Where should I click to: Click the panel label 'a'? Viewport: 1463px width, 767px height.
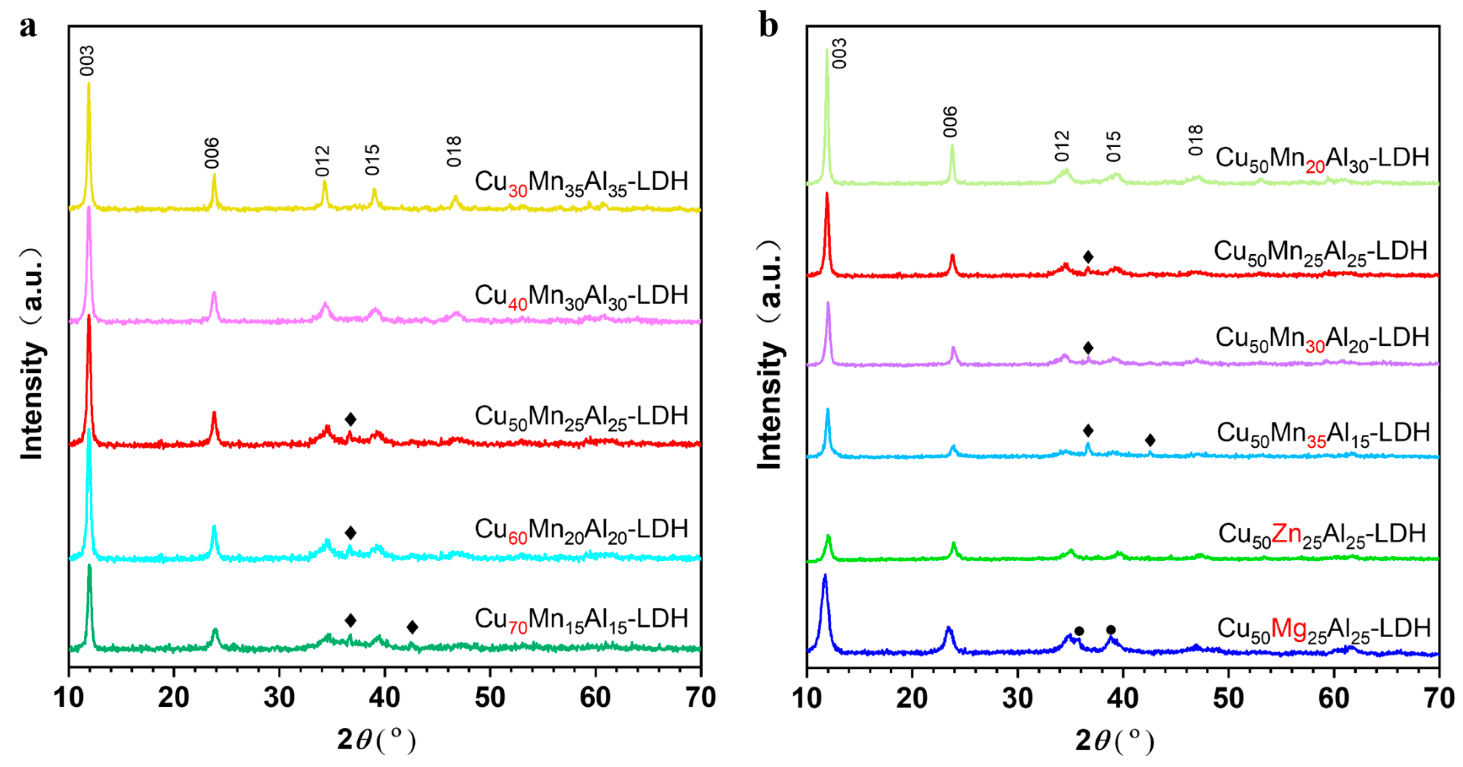[x=28, y=27]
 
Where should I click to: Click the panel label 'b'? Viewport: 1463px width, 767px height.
[x=768, y=27]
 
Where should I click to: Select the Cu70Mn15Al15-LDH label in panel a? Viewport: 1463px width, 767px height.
[x=580, y=619]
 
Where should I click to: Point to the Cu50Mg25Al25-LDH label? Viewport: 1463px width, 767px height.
[x=1323, y=630]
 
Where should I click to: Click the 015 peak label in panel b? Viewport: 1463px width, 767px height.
[x=1114, y=147]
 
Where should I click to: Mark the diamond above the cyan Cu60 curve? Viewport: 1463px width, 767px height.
[x=350, y=533]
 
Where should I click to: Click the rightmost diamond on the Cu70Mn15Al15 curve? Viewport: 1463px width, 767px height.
[x=412, y=627]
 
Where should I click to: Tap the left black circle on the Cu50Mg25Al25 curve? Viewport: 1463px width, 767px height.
[x=1079, y=631]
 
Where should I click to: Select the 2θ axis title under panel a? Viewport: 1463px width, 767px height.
[x=376, y=740]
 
